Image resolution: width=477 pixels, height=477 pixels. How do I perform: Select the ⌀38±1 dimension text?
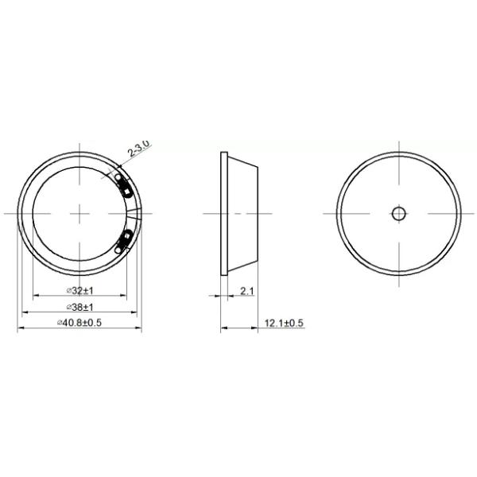[x=79, y=306]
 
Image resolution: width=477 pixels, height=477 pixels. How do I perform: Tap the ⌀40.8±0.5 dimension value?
[x=79, y=322]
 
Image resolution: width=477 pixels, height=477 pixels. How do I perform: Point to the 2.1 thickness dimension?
[x=246, y=291]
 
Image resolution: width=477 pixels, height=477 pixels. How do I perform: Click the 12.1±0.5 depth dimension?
[x=285, y=322]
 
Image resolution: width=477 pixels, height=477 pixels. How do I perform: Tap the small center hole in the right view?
[x=398, y=213]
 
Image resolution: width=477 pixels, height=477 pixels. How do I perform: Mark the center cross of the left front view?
[x=79, y=213]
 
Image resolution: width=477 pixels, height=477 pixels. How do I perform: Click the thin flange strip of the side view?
[x=223, y=213]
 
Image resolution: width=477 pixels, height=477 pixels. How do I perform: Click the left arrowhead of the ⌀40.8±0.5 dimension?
[x=20, y=328]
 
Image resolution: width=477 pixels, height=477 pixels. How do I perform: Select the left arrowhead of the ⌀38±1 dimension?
[x=24, y=312]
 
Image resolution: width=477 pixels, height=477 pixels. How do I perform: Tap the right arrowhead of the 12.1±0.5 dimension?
[x=261, y=328]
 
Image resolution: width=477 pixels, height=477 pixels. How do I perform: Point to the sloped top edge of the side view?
[x=245, y=161]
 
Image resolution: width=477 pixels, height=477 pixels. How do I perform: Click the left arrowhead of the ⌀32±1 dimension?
[x=34, y=296]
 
